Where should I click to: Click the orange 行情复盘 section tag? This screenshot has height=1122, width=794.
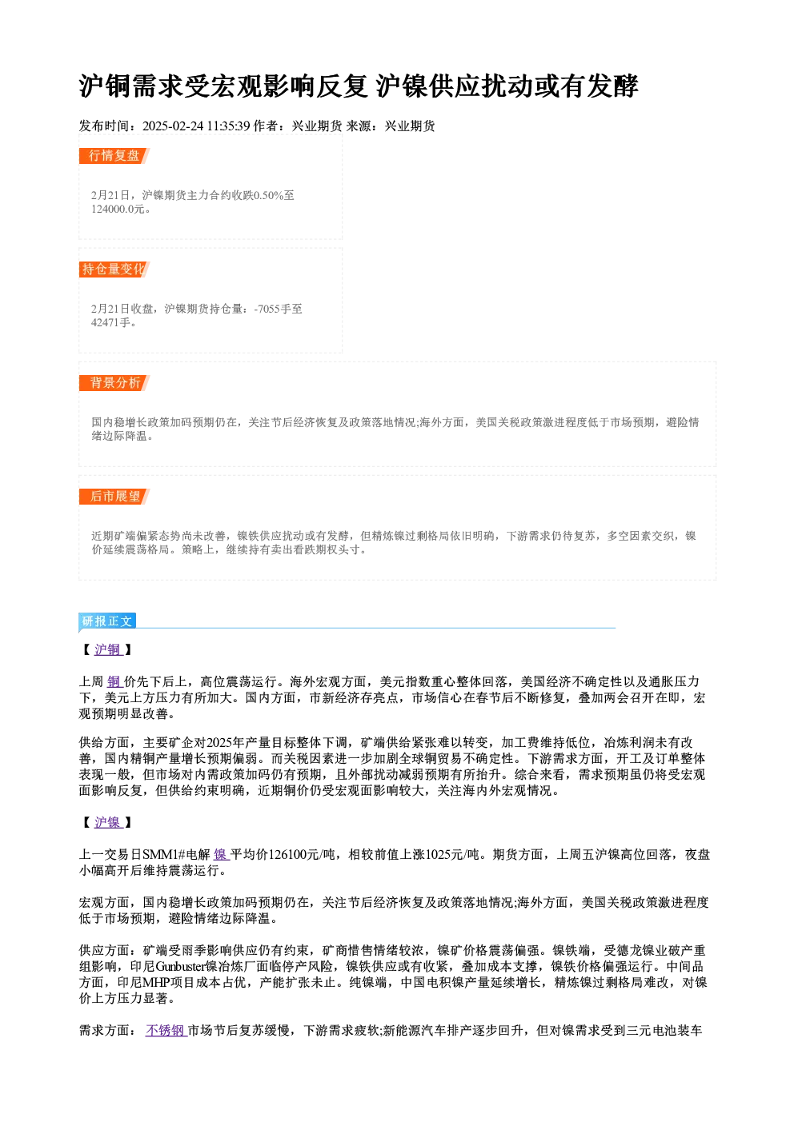tap(114, 156)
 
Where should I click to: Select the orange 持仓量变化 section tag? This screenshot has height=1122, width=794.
tap(114, 270)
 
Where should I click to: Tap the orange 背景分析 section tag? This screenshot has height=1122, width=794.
tap(114, 383)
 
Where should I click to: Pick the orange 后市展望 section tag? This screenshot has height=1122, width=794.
tap(114, 497)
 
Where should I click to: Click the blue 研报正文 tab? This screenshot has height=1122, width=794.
tap(107, 621)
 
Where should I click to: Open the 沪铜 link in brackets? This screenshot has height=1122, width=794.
tap(108, 649)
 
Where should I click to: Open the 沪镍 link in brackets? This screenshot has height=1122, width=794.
tap(108, 822)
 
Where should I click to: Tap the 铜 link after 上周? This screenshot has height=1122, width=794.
tap(114, 681)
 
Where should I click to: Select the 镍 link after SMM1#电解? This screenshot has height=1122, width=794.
tap(222, 855)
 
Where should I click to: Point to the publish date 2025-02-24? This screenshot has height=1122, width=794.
tap(173, 126)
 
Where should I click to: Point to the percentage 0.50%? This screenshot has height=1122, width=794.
tap(269, 195)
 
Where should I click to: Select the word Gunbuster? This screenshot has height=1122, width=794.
tap(180, 966)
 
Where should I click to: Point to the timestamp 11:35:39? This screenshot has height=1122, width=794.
tap(228, 126)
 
